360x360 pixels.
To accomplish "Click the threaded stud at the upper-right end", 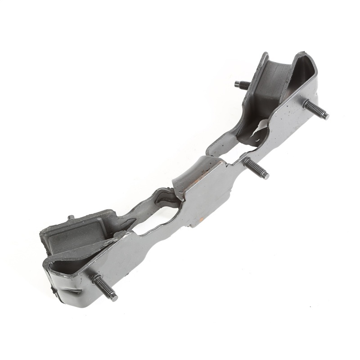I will coord(316,109).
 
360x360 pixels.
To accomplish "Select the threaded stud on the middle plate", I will coord(256,169).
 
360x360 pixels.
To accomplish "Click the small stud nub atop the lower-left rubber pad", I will coord(71,218).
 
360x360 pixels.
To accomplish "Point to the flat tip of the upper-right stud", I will coord(326,116).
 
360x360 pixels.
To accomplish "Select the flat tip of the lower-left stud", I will coord(113,297).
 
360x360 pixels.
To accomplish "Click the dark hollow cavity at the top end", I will coord(306,72).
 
